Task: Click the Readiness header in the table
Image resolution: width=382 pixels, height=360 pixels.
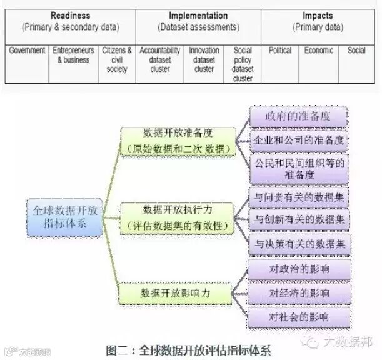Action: click(x=70, y=21)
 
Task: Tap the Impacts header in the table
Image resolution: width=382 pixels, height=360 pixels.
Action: click(x=317, y=21)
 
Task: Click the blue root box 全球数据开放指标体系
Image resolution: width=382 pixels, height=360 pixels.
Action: click(x=64, y=217)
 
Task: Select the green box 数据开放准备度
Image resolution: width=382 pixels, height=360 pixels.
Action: click(x=178, y=140)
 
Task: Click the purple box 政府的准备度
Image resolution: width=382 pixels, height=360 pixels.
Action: click(x=298, y=117)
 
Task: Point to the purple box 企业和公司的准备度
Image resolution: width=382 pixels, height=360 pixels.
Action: click(x=298, y=140)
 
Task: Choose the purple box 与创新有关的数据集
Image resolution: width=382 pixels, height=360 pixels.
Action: click(x=298, y=219)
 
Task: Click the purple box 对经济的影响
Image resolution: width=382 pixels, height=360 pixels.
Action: click(x=298, y=293)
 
